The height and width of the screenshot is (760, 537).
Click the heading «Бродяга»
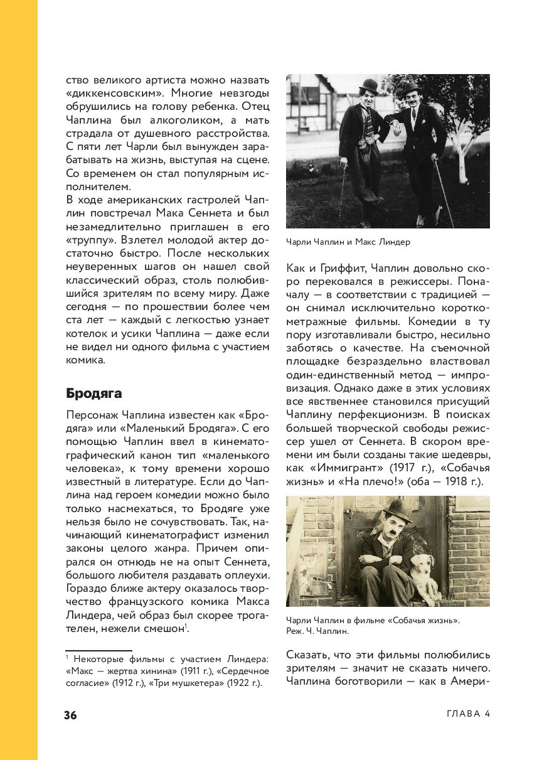[x=94, y=393]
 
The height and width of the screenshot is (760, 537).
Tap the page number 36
[x=70, y=715]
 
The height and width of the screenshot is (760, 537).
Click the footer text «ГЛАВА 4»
[x=468, y=714]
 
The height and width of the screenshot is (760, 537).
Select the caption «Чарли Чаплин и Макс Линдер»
[x=348, y=242]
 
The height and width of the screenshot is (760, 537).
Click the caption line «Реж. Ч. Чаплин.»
[x=317, y=631]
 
